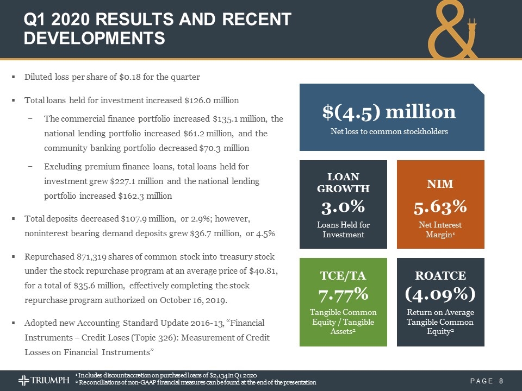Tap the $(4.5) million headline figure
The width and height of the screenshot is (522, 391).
pos(389,112)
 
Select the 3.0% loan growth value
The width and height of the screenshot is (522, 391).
pos(343,207)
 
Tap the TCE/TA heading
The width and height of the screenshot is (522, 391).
pos(343,276)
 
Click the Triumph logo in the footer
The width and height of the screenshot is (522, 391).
pos(43,380)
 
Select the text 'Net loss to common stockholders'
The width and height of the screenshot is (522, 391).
pos(389,133)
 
